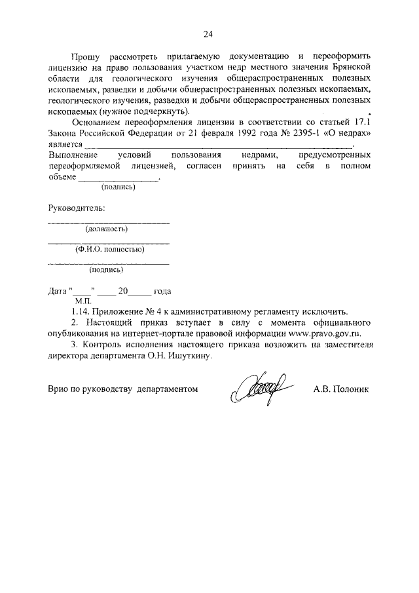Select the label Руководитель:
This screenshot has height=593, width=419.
[x=76, y=208]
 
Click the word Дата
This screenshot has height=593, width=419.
[x=58, y=291]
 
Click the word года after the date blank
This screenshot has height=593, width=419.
[x=162, y=291]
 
